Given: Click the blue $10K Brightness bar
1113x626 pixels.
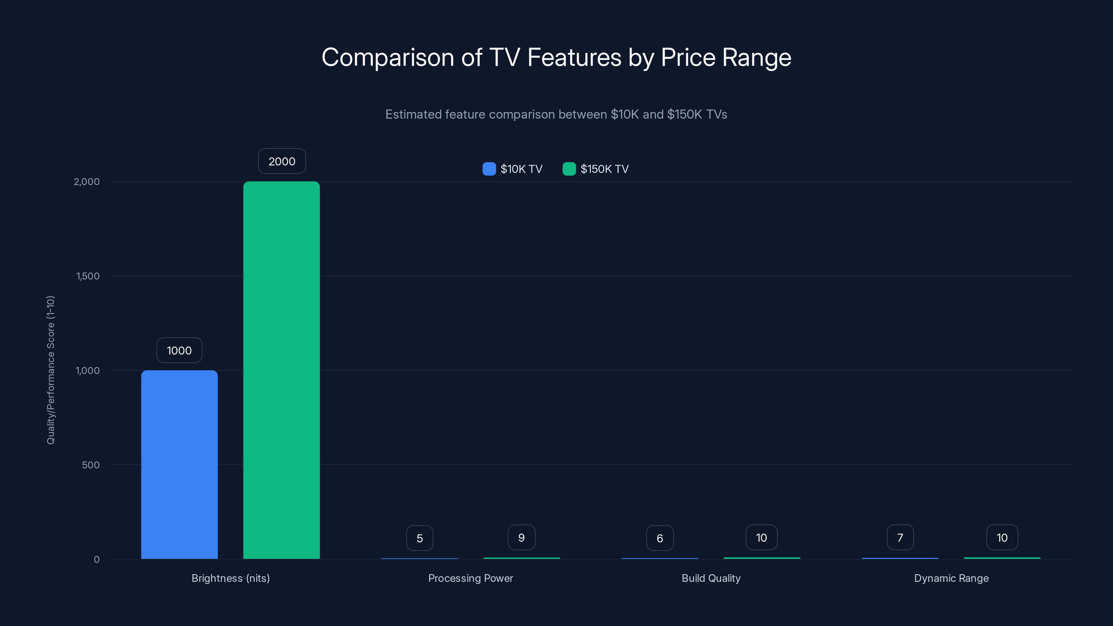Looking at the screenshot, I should (179, 464).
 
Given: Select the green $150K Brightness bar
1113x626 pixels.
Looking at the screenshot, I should (281, 370).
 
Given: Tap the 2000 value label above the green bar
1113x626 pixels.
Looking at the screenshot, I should (282, 161).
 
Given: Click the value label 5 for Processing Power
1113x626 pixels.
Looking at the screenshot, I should (419, 538).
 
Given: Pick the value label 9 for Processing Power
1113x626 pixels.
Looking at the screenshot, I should (521, 537).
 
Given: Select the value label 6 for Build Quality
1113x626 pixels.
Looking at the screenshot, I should (660, 538).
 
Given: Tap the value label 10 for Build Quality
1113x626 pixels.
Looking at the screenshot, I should (761, 537).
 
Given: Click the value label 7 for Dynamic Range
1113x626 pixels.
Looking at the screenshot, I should (900, 537).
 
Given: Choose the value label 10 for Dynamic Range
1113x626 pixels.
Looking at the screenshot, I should (1002, 537).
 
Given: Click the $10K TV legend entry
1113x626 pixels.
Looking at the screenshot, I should (512, 169).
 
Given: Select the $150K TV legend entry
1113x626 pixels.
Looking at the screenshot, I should (596, 169).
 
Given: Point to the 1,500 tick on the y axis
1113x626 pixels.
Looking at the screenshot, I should (88, 276).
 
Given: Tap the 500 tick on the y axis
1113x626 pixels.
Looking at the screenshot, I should (91, 465).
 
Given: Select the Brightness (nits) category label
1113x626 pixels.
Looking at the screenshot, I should (231, 578).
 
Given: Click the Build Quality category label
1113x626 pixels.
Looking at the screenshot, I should (711, 578).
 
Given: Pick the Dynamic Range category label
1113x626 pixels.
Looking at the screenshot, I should (951, 578).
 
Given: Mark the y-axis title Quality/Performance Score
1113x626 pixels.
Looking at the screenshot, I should (50, 370).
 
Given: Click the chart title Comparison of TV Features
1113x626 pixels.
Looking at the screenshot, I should (556, 57).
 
